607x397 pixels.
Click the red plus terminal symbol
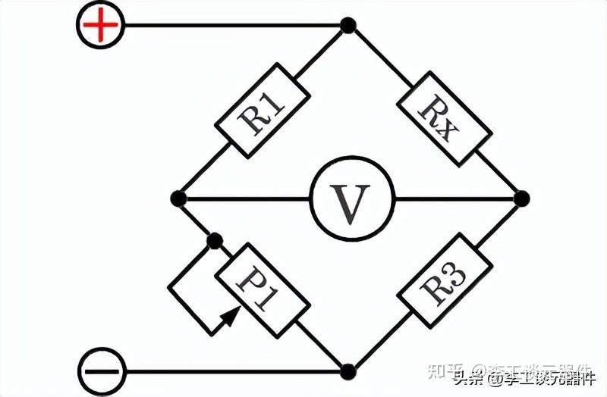click(99, 26)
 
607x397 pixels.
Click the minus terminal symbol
click(99, 371)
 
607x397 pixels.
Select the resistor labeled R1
click(263, 111)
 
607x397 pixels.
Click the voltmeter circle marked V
click(351, 199)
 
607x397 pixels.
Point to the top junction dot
click(348, 26)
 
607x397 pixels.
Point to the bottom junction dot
click(348, 371)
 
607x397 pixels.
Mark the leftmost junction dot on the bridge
click(178, 199)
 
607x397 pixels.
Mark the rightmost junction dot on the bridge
click(521, 199)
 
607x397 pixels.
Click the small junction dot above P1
click(215, 241)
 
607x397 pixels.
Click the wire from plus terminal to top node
click(228, 26)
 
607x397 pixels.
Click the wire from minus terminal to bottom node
click(228, 371)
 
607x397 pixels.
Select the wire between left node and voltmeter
click(243, 199)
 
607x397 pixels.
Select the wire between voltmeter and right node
click(455, 199)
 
